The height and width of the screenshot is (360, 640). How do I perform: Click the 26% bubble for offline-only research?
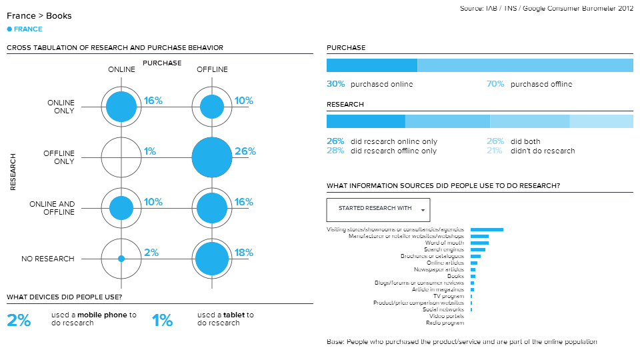click(x=212, y=157)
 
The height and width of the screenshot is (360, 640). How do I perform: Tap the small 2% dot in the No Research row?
click(x=121, y=259)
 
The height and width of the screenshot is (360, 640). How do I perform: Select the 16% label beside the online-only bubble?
click(x=153, y=101)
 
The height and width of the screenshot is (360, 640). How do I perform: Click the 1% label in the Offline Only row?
click(x=149, y=151)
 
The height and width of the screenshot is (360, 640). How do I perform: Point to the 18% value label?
click(x=243, y=253)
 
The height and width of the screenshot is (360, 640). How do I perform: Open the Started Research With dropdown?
click(x=378, y=209)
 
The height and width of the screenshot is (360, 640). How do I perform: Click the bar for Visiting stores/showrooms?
click(x=487, y=229)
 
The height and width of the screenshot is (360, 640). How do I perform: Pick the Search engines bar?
click(x=478, y=249)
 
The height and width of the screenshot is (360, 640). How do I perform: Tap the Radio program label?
click(x=445, y=323)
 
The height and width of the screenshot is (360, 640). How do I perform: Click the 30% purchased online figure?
click(x=335, y=84)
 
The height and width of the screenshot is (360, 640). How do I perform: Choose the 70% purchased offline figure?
click(x=495, y=84)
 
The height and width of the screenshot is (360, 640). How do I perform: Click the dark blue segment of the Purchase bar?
click(x=371, y=65)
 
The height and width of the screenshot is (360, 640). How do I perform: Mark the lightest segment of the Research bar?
click(x=601, y=121)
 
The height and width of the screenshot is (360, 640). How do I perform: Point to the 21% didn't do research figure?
click(x=495, y=151)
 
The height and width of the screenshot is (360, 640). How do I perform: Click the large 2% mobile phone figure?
click(x=19, y=320)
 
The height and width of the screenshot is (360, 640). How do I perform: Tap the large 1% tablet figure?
click(x=162, y=320)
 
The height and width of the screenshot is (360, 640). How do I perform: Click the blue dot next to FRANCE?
click(x=9, y=29)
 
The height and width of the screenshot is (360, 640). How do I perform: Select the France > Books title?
click(x=39, y=15)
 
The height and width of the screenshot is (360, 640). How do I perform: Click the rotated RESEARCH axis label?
click(x=13, y=173)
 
